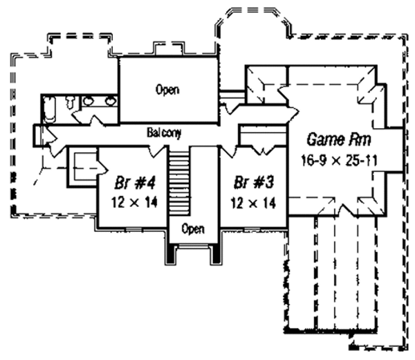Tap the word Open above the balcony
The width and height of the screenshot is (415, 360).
pyautogui.click(x=167, y=89)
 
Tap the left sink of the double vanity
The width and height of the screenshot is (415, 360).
pyautogui.click(x=90, y=102)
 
